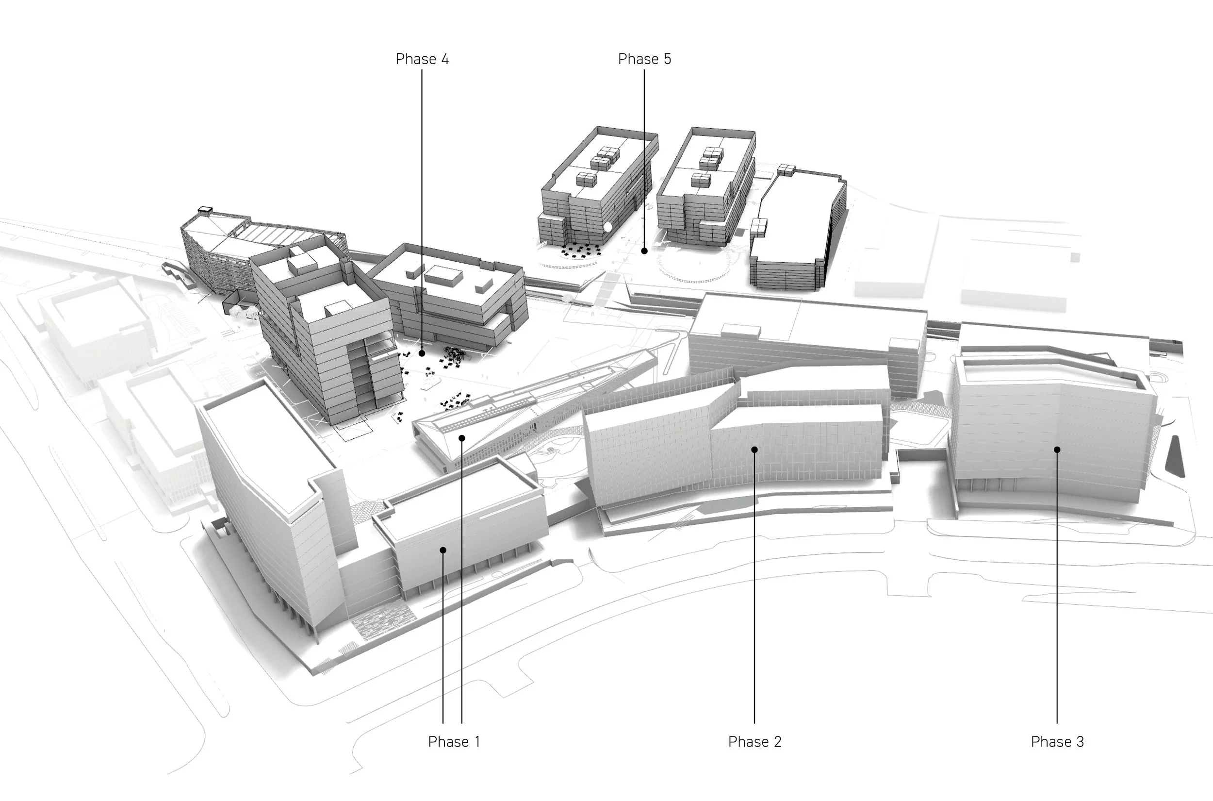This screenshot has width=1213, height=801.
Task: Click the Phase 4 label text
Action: [x=422, y=59]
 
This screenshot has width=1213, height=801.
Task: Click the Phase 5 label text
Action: [x=644, y=59]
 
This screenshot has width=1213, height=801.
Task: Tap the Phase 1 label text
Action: [x=454, y=742]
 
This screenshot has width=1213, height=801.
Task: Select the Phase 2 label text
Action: [x=754, y=742]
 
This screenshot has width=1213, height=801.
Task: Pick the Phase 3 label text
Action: [x=1057, y=742]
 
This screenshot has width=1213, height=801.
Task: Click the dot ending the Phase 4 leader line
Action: [x=422, y=353]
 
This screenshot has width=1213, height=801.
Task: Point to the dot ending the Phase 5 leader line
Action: [x=644, y=251]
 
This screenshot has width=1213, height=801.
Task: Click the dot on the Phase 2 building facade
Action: [x=754, y=450]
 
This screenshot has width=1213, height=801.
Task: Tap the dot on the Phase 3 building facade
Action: [x=1057, y=450]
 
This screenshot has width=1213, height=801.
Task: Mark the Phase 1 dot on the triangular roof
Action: [x=461, y=438]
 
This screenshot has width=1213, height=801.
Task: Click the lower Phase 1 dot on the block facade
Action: [x=443, y=550]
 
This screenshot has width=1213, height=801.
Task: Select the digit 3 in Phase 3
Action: [x=1080, y=742]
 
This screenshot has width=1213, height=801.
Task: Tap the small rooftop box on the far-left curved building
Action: [x=205, y=209]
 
